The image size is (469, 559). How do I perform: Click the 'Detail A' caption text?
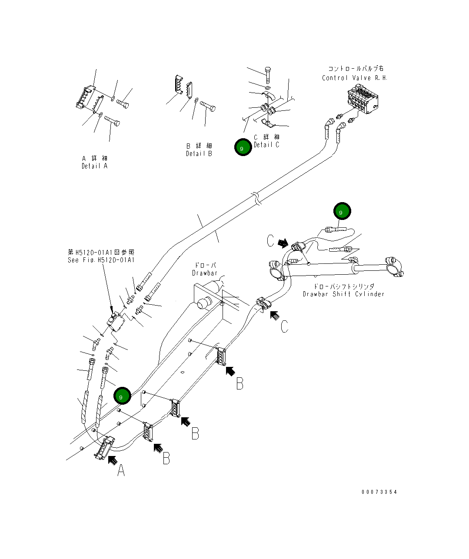tap(94, 166)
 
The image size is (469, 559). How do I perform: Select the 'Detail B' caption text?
tap(199, 153)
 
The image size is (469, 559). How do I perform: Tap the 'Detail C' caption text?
tap(266, 145)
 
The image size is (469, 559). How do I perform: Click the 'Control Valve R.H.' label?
tap(355, 78)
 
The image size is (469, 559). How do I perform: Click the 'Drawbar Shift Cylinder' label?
tap(343, 294)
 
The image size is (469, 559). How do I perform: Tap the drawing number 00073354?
tap(379, 492)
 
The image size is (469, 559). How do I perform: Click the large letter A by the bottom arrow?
tap(121, 470)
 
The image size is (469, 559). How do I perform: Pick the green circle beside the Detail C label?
tap(243, 148)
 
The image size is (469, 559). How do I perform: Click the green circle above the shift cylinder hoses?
tap(342, 211)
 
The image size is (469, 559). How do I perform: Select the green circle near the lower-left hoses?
tap(122, 396)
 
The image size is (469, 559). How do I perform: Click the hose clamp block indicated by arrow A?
tap(104, 448)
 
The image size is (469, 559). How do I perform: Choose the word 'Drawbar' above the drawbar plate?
tap(204, 273)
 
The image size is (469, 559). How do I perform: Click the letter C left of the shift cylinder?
tap(271, 241)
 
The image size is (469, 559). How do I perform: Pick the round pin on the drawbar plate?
tap(203, 303)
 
